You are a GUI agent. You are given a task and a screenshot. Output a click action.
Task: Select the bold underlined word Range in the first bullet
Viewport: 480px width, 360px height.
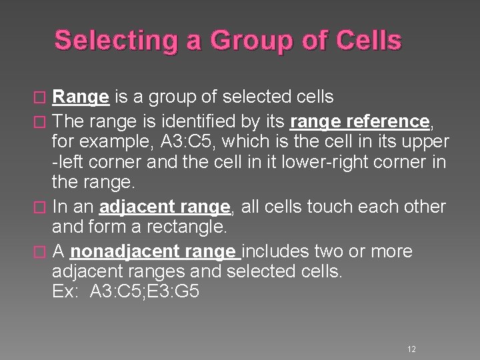point(81,97)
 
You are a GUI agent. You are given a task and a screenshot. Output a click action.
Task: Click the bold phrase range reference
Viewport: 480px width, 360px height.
point(360,121)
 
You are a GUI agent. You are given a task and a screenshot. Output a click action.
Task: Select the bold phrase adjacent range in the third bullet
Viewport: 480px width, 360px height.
point(164,207)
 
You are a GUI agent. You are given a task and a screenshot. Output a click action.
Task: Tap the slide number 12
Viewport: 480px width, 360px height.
point(411,349)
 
